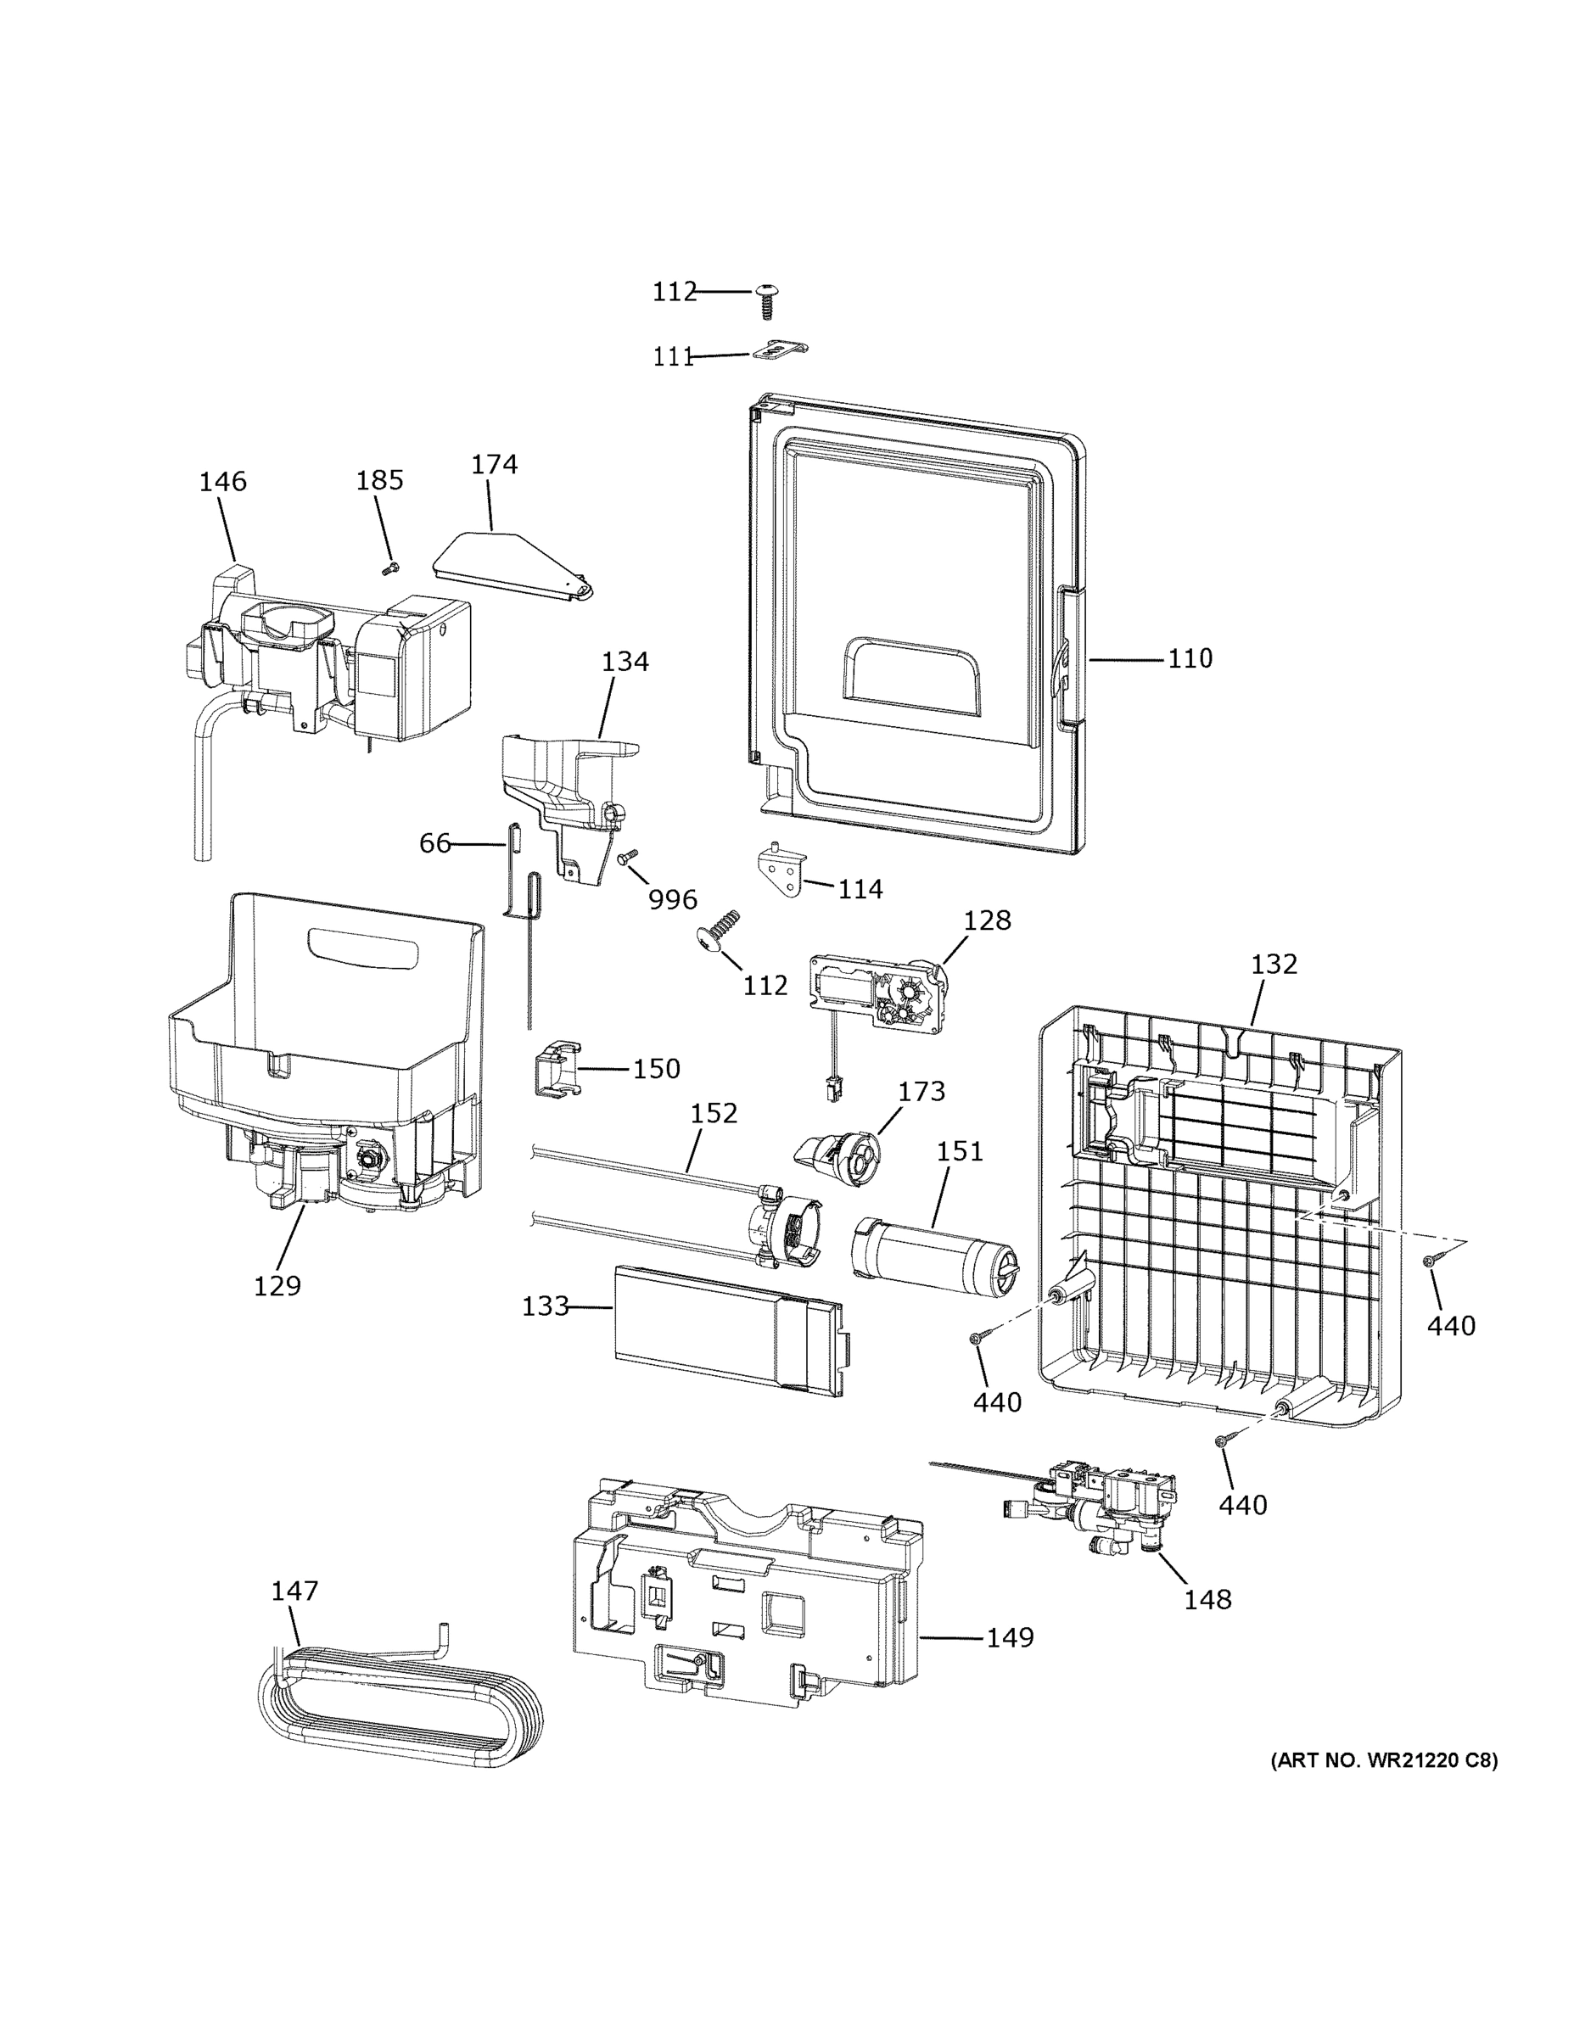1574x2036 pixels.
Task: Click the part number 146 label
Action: (223, 481)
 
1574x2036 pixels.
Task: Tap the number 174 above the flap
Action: (494, 463)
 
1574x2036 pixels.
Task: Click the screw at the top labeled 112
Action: (767, 300)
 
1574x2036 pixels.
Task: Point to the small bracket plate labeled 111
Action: (780, 350)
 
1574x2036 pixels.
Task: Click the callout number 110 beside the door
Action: (1190, 658)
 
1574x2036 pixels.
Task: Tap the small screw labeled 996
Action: (628, 856)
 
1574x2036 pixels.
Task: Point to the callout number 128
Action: (987, 920)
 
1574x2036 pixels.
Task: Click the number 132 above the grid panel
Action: (1274, 964)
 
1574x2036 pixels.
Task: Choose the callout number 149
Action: (1010, 1636)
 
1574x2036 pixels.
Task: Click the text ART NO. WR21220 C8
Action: (1384, 1760)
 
